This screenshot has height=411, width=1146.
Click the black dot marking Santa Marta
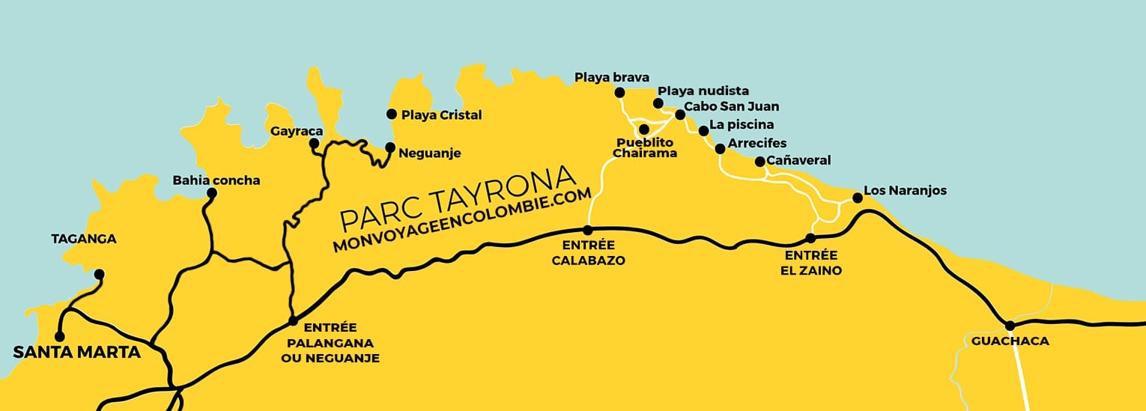coord(59,336)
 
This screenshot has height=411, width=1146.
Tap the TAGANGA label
coord(84,239)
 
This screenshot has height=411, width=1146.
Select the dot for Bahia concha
coord(212,193)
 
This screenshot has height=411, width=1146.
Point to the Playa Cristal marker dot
coord(391,114)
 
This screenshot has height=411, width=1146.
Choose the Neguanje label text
coord(429,153)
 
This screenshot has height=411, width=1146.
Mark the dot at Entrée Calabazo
coord(588,230)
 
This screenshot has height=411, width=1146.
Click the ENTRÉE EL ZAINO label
coord(809,264)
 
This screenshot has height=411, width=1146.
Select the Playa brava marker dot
coord(619,92)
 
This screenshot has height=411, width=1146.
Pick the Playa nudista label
coord(703,91)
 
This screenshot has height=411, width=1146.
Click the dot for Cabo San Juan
coord(680,115)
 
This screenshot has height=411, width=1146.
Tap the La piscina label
coord(741,125)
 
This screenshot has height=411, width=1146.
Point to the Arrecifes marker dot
coord(720,149)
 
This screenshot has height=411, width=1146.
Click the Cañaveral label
coord(798,160)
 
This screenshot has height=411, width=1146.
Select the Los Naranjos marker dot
coord(857,198)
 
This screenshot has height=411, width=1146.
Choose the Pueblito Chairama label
coord(644,147)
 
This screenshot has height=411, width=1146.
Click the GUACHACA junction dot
coord(1010,325)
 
